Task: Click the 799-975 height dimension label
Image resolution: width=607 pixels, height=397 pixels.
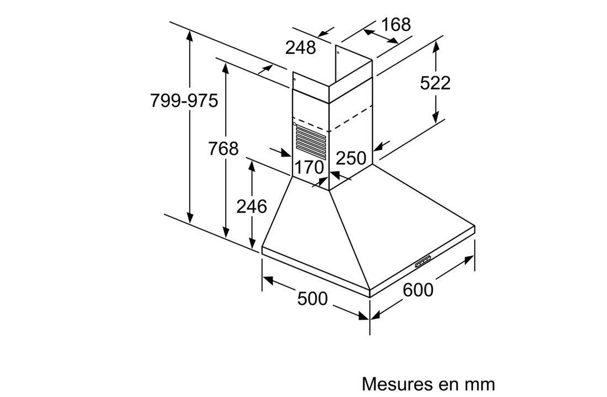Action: point(184,101)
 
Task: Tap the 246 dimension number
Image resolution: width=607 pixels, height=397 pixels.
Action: point(252,206)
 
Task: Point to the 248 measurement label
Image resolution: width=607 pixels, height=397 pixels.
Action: point(300,48)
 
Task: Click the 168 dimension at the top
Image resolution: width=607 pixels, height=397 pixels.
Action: point(396,25)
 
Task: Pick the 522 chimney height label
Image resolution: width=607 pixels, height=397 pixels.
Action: point(435,83)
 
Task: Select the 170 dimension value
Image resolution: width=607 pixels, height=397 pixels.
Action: point(308,167)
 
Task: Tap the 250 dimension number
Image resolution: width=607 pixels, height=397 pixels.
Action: point(351,158)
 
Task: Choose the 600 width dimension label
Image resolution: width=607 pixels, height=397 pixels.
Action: point(418,289)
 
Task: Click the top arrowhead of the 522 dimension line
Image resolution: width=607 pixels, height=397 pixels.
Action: point(436,45)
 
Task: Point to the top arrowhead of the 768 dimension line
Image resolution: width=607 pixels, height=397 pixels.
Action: point(225,66)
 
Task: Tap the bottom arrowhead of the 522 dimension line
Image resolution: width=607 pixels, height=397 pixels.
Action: point(436,119)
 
